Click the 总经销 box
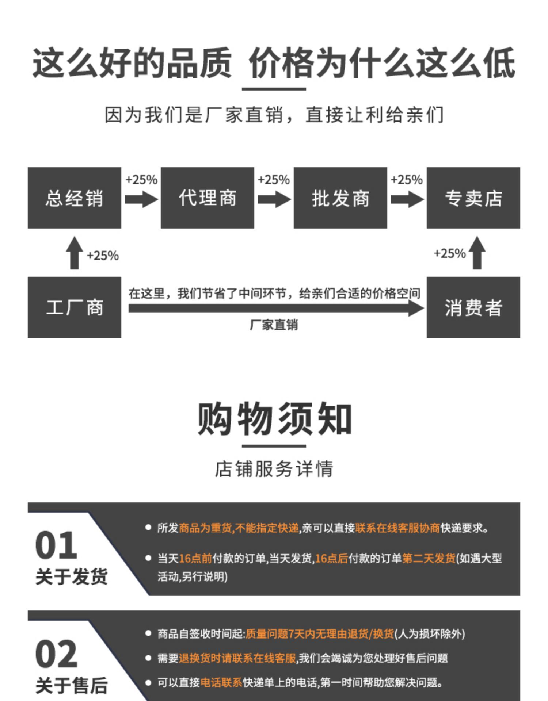[x=74, y=198]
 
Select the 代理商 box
[x=207, y=198]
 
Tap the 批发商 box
[x=340, y=198]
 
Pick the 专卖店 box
[x=473, y=198]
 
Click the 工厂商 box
[x=74, y=307]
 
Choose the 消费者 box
[x=473, y=307]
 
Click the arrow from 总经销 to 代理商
[x=141, y=200]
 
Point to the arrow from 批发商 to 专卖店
[x=407, y=200]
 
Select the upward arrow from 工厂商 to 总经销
[x=74, y=253]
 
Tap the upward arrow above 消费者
[x=477, y=253]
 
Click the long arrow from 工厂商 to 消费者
[x=274, y=309]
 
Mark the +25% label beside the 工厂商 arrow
[x=103, y=256]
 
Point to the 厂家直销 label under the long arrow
[x=274, y=325]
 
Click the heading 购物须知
[x=274, y=419]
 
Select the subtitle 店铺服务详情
[x=274, y=469]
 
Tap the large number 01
[x=56, y=545]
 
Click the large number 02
[x=56, y=654]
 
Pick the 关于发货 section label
[x=72, y=576]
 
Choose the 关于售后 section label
[x=72, y=685]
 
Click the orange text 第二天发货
[x=429, y=558]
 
